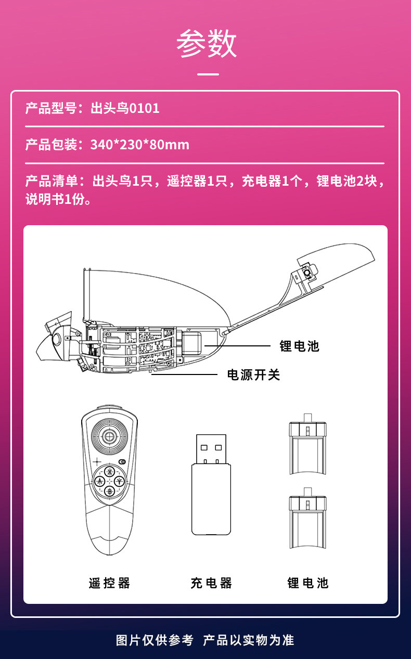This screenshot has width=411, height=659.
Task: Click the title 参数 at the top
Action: (x=207, y=44)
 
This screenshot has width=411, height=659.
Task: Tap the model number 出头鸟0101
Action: (x=125, y=108)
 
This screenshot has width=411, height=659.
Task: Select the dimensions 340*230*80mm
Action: (x=140, y=144)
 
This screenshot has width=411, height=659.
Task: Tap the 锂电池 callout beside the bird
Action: (x=300, y=346)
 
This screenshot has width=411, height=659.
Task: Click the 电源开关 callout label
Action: (x=254, y=375)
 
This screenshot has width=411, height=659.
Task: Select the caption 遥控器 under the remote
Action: (x=109, y=583)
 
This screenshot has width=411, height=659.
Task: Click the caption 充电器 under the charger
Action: (x=211, y=583)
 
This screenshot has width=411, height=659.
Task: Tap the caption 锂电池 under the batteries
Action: (x=308, y=583)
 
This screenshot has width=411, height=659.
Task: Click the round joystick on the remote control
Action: (x=109, y=435)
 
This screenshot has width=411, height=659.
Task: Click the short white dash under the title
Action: (x=209, y=74)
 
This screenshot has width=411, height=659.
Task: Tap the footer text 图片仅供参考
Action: (x=155, y=640)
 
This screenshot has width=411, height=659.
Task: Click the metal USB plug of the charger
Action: (x=211, y=448)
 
